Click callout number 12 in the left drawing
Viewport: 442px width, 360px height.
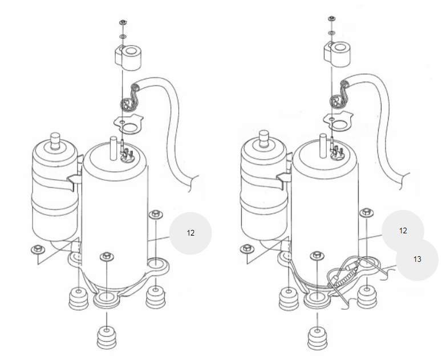tap(190, 233)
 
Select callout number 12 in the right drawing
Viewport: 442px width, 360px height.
tap(403, 231)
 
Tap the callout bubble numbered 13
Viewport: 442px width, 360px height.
tap(417, 259)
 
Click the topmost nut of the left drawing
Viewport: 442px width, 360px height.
tap(123, 22)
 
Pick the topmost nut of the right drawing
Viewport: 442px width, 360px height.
tap(331, 19)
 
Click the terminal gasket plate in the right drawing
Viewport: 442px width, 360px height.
tap(337, 121)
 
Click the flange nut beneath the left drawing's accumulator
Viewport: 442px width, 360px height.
tap(37, 249)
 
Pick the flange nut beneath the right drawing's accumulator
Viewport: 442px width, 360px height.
tap(247, 249)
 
